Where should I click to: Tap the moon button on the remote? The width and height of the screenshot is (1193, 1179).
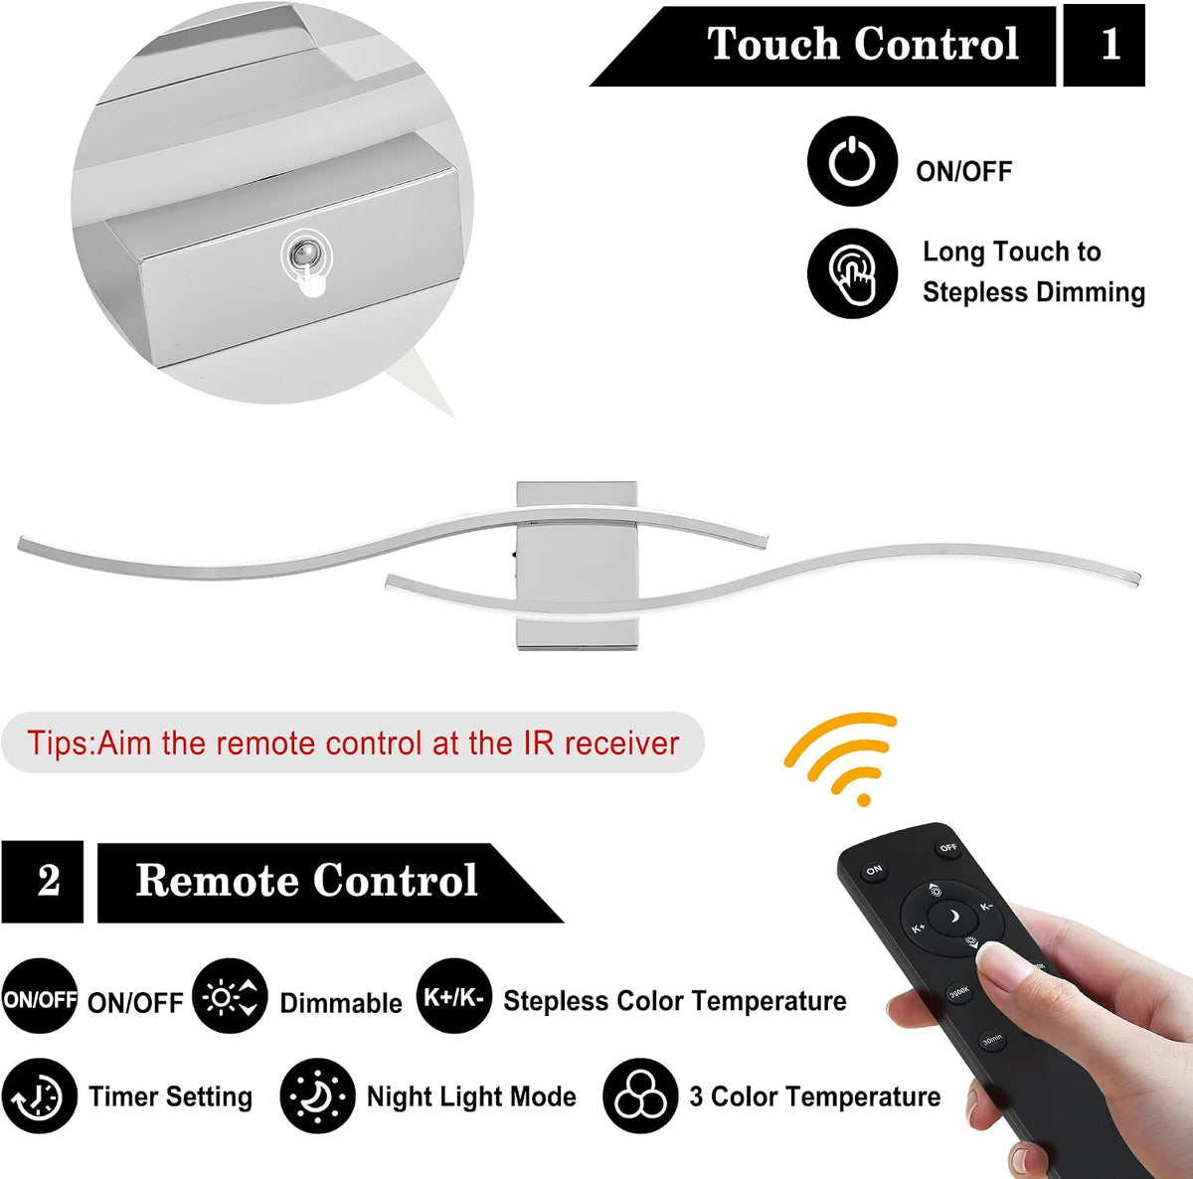tap(952, 917)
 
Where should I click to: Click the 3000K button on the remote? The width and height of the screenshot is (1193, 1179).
tap(958, 992)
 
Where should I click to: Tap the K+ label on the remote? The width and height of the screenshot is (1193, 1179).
tap(919, 928)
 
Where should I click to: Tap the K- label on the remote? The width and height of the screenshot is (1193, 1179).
tap(986, 907)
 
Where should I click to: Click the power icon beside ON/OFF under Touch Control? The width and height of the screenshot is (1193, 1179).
tap(852, 161)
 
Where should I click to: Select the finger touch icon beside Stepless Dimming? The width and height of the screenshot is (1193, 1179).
tap(852, 273)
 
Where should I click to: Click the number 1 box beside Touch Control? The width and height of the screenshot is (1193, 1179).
tap(1104, 45)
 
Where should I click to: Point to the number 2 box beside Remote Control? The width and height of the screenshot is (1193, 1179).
tap(42, 881)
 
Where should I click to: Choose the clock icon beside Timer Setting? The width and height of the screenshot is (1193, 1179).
tap(39, 1096)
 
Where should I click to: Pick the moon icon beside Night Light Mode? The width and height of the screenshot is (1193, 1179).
tap(317, 1096)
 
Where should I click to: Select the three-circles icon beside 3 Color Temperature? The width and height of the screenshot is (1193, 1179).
tap(641, 1096)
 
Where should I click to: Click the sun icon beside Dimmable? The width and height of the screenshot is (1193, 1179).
tap(230, 996)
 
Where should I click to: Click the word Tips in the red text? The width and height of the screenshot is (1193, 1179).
tap(59, 743)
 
